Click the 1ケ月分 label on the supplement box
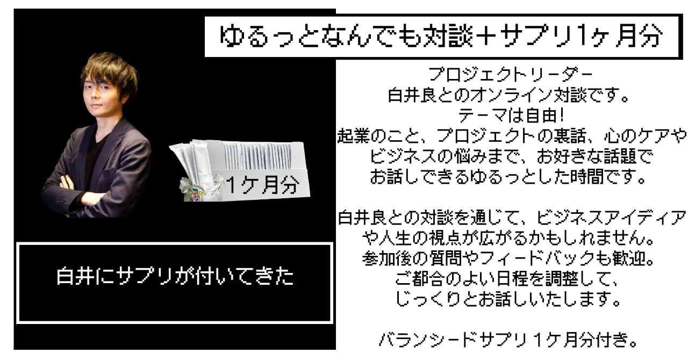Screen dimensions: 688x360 pos(263,185)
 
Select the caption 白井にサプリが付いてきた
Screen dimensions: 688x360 pos(175,276)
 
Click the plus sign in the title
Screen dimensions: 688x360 pos(485,36)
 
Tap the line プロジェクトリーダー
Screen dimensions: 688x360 pos(510,75)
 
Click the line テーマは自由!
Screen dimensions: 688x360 pos(511,116)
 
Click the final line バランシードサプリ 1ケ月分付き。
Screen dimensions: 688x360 pos(508,340)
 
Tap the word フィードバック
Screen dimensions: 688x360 pos(536,258)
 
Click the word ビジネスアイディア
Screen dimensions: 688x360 pos(611,218)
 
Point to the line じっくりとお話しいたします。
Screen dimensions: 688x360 pos(508,299)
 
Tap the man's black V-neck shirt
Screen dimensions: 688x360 pos(94,160)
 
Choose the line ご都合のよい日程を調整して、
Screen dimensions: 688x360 pos(507,279)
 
